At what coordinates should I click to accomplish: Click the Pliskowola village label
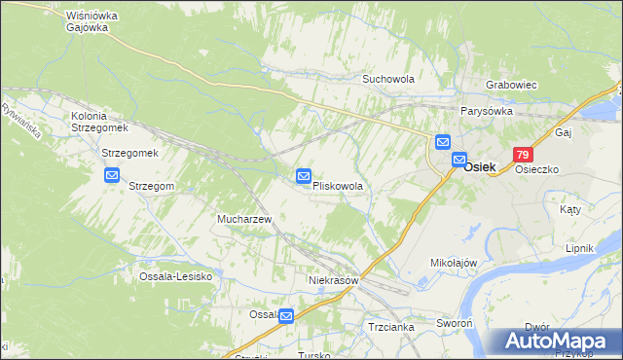tap(338, 186)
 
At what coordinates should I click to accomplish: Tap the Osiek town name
tap(480, 167)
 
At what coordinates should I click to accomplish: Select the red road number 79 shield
tap(524, 156)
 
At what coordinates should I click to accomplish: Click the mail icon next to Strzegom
tap(111, 176)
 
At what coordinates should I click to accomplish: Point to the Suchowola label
tap(388, 79)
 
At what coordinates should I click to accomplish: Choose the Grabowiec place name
tap(512, 85)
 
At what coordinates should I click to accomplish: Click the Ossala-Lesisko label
tap(175, 276)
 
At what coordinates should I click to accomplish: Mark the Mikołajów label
tap(454, 263)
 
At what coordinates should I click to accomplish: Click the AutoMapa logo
tap(556, 342)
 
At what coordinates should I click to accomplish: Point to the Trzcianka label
tap(391, 327)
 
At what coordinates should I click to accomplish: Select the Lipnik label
tap(579, 248)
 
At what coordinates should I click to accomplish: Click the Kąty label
tap(570, 209)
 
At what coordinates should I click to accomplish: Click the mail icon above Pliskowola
tap(304, 176)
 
